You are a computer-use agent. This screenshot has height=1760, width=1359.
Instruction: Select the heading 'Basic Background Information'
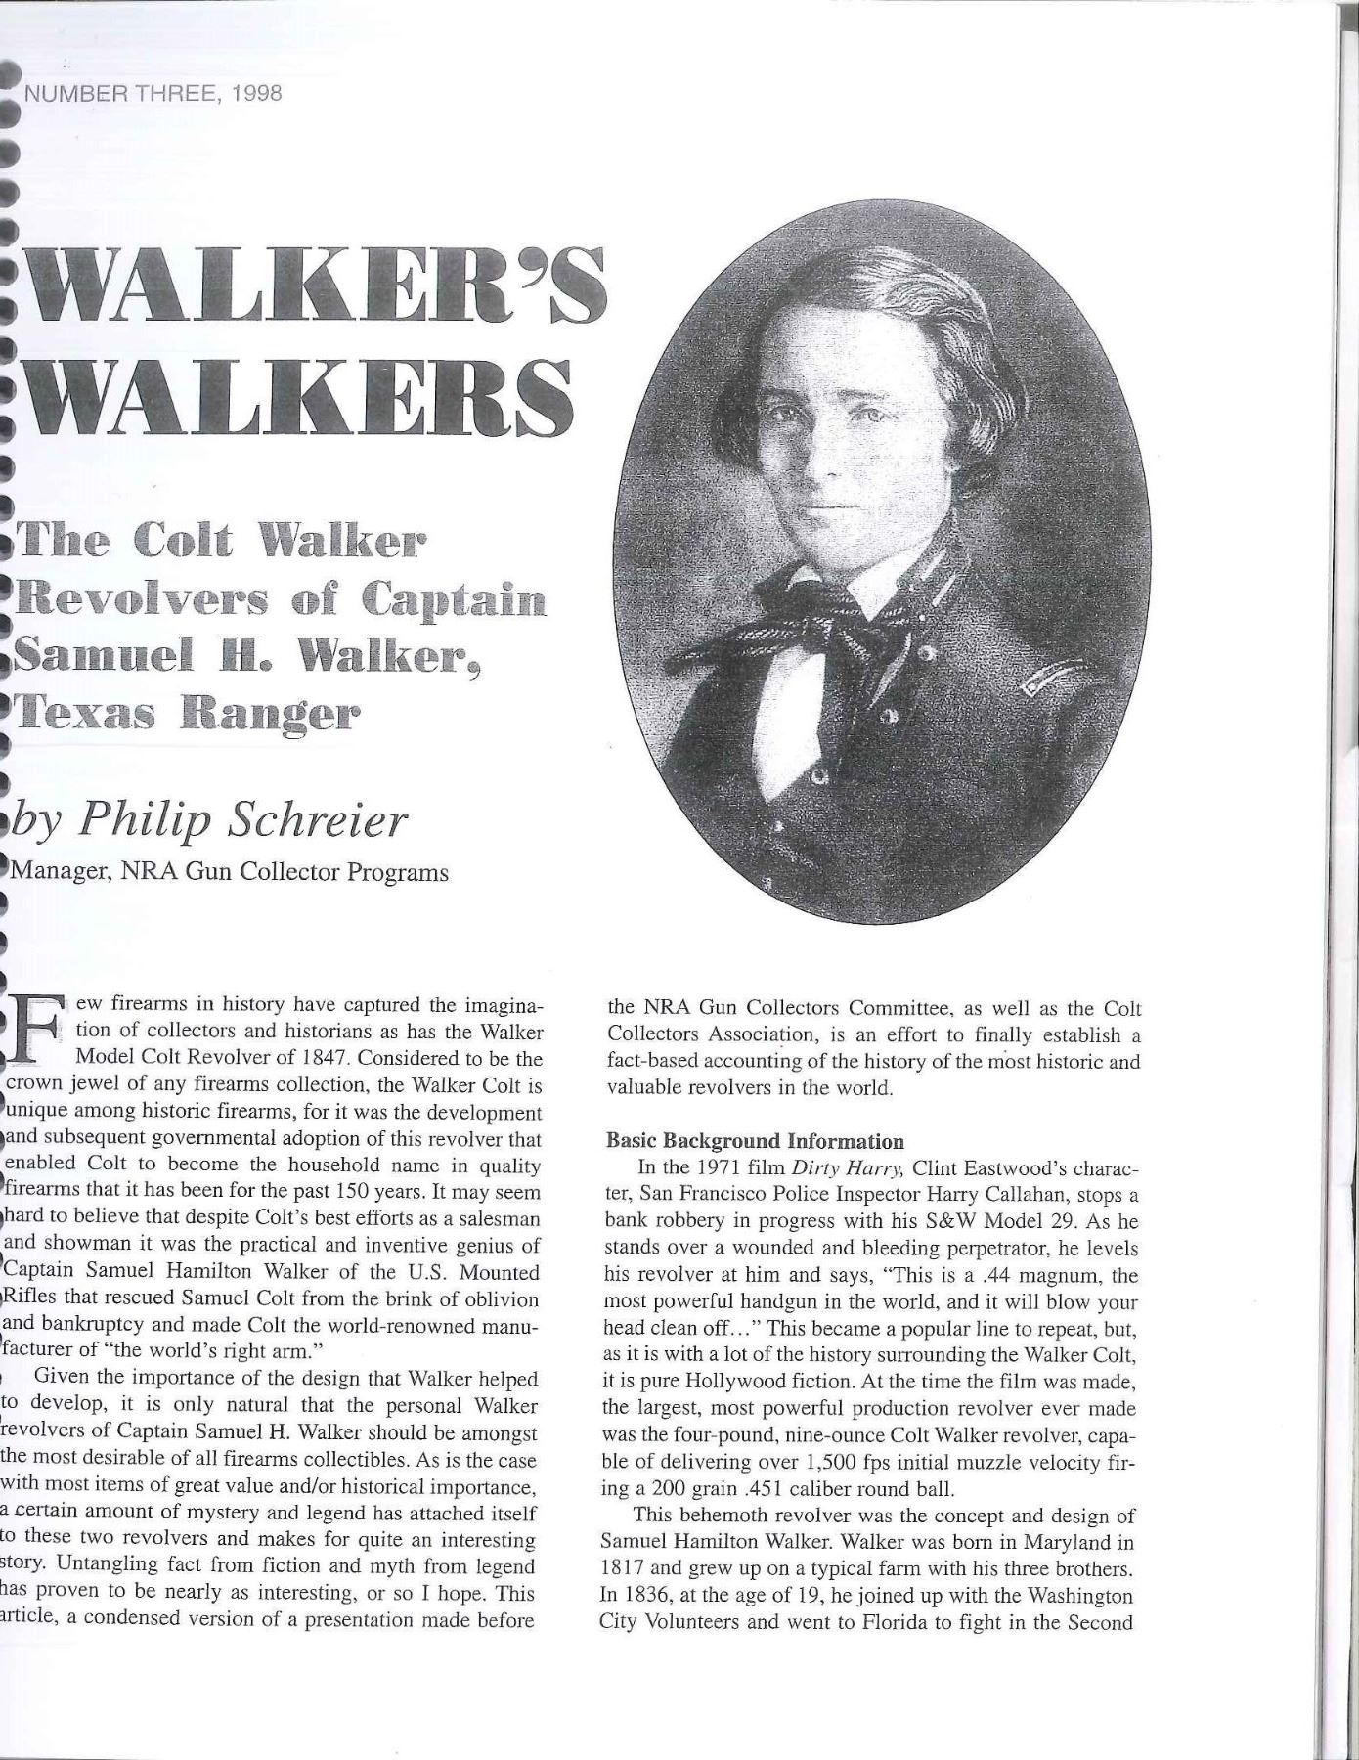click(x=755, y=1141)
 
